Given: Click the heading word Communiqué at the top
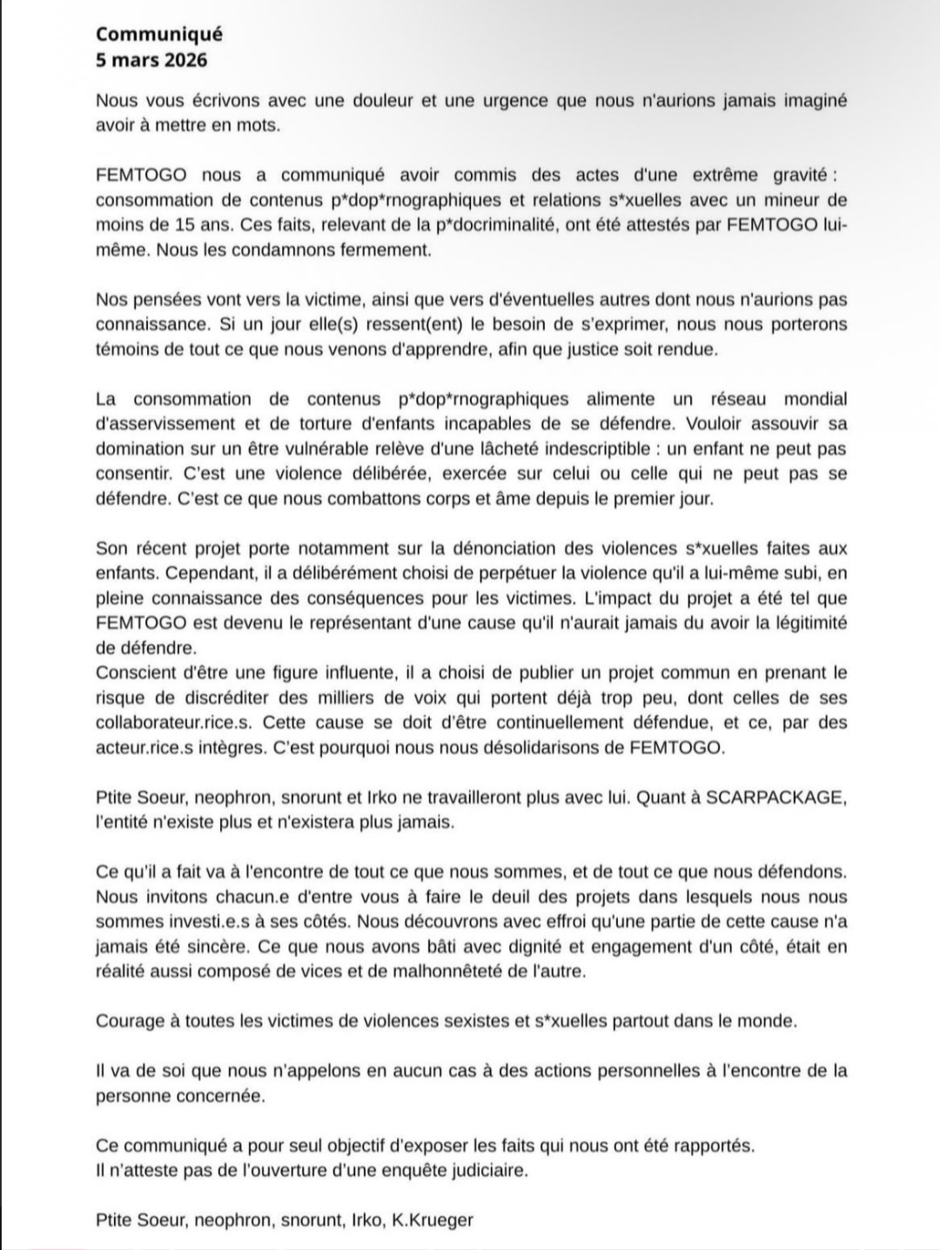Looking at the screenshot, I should [158, 34].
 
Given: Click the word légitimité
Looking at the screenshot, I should [802, 623].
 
